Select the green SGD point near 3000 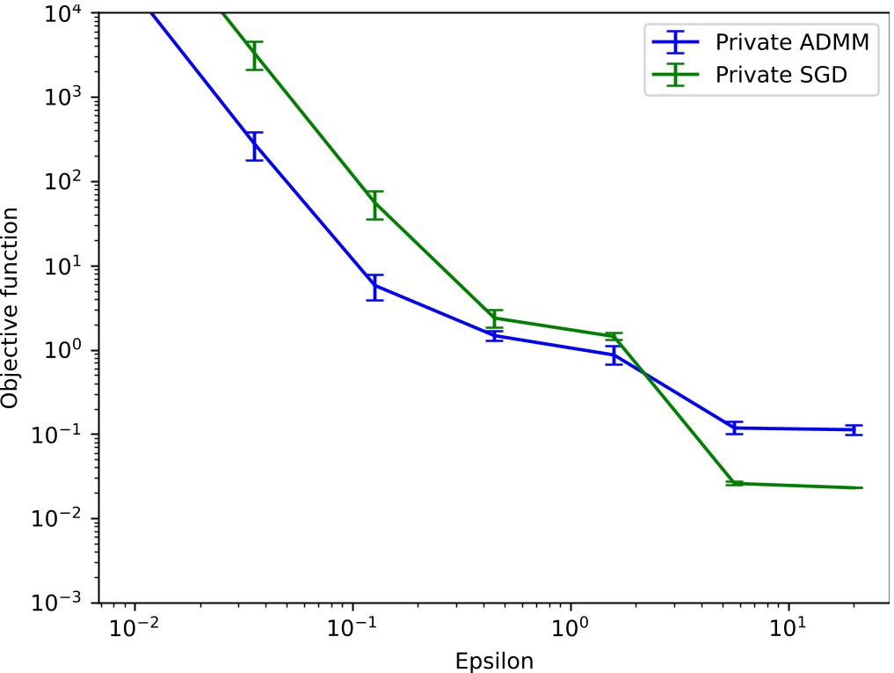click(x=255, y=55)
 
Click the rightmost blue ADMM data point click(x=853, y=429)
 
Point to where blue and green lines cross click(x=644, y=373)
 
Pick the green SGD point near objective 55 click(x=375, y=204)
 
